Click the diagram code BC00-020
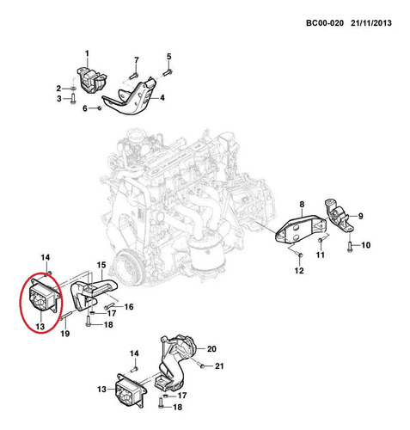[x=325, y=23]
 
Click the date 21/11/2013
[x=371, y=23]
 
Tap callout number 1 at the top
[x=87, y=53]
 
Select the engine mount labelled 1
[x=91, y=80]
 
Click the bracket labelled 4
[x=131, y=96]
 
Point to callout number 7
[x=137, y=60]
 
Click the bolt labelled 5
[x=168, y=72]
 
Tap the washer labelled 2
[x=73, y=88]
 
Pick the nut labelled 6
[x=100, y=108]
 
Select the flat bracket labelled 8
[x=301, y=230]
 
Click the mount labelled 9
[x=339, y=216]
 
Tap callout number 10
[x=365, y=245]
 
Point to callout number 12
[x=299, y=270]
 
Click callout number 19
[x=65, y=334]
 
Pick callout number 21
[x=219, y=366]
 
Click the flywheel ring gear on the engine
[x=127, y=267]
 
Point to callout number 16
[x=129, y=307]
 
